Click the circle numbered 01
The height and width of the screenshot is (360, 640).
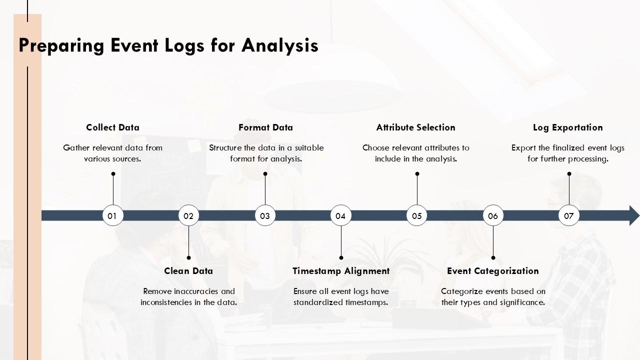pos(112,215)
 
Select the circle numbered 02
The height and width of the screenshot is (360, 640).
pos(188,215)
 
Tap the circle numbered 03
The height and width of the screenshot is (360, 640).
pos(265,215)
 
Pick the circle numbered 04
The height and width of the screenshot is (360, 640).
pos(341,215)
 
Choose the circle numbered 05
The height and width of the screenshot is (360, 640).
pos(417,215)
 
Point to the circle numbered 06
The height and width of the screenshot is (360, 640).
pos(493,215)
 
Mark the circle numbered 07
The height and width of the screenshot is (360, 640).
pos(569,215)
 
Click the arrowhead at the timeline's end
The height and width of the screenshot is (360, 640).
pos(633,215)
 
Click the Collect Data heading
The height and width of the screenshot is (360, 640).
pos(112,127)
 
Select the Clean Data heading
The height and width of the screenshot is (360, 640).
pos(188,271)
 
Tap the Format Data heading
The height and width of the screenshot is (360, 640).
pos(265,127)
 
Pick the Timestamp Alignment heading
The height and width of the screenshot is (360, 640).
pos(341,271)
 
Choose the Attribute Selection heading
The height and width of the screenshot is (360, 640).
pos(415,127)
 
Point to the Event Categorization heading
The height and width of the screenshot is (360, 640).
pos(492,271)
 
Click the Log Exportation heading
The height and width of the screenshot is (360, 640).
pos(567,127)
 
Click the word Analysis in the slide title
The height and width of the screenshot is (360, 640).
pos(280,45)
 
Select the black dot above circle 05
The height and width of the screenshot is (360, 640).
pos(417,174)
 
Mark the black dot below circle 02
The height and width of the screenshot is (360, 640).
pos(188,258)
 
